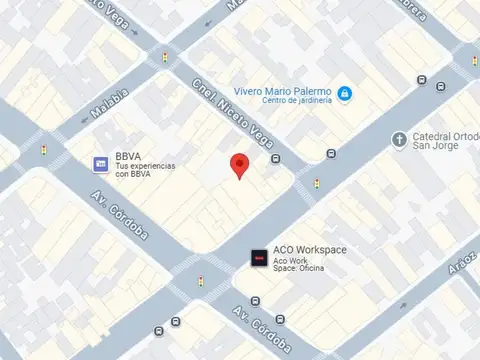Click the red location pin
[x=239, y=166]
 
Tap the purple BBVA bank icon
[x=101, y=164]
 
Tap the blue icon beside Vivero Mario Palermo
[x=344, y=93]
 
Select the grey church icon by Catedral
[x=400, y=138]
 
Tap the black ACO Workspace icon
[x=259, y=259]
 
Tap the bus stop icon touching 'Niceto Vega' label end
[x=275, y=158]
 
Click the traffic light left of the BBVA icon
[x=43, y=151]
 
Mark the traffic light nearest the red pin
[x=317, y=184]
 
